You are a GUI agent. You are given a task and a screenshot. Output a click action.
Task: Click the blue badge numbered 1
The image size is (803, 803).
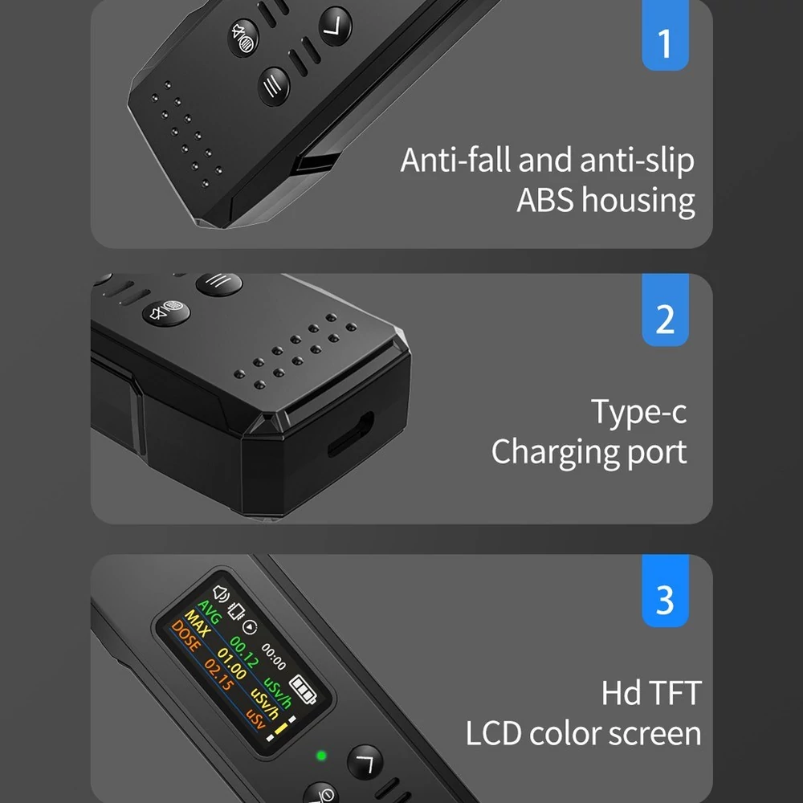pyautogui.click(x=665, y=35)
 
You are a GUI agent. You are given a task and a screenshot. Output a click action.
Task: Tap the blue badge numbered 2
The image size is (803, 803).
pyautogui.click(x=665, y=310)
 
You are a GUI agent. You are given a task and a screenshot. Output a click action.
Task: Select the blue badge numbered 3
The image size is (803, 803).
pyautogui.click(x=665, y=590)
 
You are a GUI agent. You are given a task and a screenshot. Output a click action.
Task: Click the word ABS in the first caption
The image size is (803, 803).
pyautogui.click(x=545, y=200)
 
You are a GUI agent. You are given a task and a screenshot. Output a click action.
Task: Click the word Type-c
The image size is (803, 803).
pyautogui.click(x=638, y=412)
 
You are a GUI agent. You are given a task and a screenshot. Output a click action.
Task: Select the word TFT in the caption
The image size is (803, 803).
pyautogui.click(x=675, y=694)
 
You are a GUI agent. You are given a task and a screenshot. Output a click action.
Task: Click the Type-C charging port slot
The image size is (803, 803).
pyautogui.click(x=351, y=434)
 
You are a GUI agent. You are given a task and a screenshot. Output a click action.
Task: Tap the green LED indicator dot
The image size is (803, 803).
pyautogui.click(x=322, y=756)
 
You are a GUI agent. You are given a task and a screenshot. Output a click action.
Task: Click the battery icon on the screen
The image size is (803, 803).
pyautogui.click(x=303, y=689)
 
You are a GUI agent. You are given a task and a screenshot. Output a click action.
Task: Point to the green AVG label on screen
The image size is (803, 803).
pyautogui.click(x=210, y=611)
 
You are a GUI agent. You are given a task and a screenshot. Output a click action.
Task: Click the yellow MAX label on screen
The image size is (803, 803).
pyautogui.click(x=198, y=623)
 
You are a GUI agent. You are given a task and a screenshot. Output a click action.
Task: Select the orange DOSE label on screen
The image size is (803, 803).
pyautogui.click(x=185, y=635)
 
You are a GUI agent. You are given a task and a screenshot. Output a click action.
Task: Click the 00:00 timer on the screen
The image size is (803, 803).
pyautogui.click(x=274, y=657)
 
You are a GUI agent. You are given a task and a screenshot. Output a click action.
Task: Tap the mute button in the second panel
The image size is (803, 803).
pyautogui.click(x=166, y=312)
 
